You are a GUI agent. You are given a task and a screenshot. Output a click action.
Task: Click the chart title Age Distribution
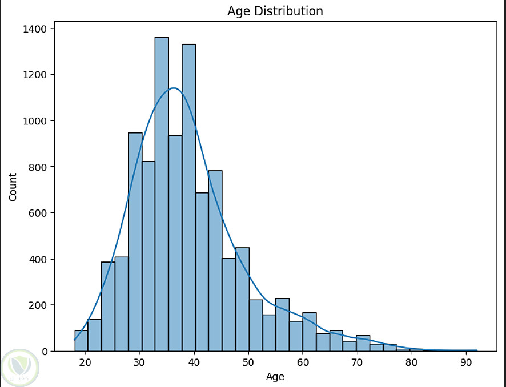click(275, 11)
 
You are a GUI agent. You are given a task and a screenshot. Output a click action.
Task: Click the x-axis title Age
click(275, 377)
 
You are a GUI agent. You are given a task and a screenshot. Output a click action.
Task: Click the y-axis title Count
click(13, 186)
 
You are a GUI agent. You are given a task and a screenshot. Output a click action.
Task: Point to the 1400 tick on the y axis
click(39, 29)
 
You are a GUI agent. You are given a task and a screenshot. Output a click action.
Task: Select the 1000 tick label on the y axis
click(39, 121)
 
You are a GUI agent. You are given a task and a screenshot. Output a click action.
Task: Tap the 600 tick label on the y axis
click(42, 213)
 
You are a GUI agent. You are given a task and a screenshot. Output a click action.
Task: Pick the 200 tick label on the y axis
click(42, 305)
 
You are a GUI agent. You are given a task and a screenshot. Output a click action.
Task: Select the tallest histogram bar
click(162, 194)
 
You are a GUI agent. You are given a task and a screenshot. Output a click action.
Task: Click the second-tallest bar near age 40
click(189, 197)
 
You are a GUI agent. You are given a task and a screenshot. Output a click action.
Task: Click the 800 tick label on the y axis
click(42, 167)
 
